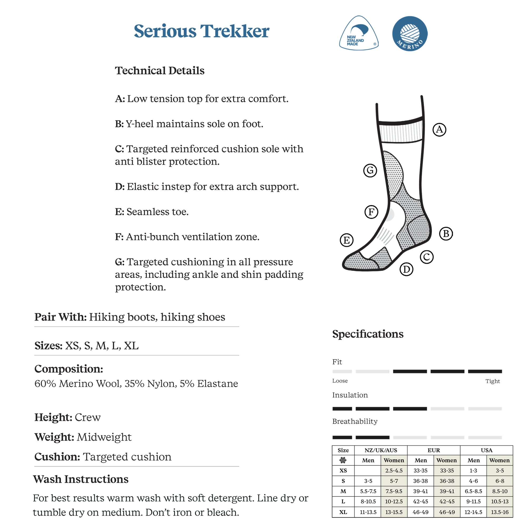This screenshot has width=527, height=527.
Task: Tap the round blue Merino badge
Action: [410, 33]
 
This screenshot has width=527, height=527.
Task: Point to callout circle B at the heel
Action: [446, 234]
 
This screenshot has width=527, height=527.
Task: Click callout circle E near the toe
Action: [347, 240]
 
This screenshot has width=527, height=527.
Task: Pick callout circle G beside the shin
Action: [370, 170]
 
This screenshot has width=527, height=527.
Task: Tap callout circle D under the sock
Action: [406, 270]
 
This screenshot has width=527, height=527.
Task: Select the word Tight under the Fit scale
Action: [492, 381]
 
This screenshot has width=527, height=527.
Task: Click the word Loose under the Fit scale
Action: [340, 381]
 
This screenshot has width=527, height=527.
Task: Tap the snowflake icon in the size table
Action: [343, 460]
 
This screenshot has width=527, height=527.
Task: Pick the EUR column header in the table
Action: [433, 450]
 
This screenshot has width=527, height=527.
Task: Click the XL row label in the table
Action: [343, 512]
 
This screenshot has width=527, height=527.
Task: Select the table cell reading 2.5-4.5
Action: [394, 471]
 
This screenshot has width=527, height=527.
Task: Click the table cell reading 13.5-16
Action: [499, 512]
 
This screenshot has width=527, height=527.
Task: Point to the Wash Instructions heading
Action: [81, 479]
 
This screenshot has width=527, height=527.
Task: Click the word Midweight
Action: [104, 437]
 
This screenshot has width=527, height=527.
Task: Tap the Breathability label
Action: [355, 421]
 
